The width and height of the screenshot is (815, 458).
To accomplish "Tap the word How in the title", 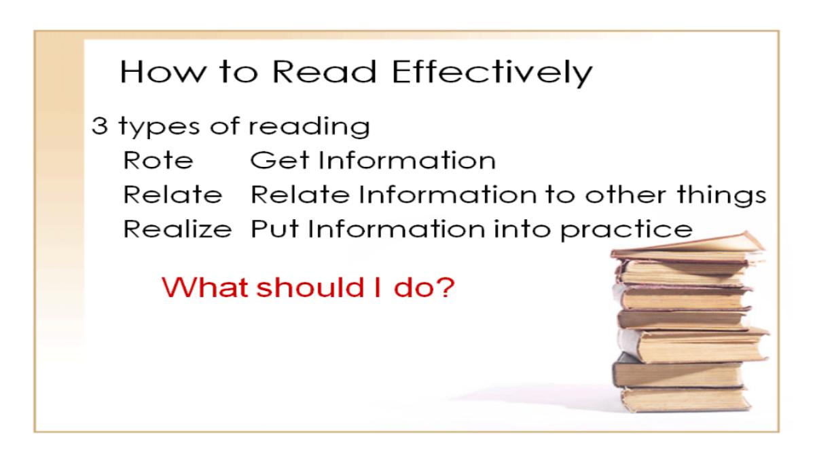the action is point(161,72).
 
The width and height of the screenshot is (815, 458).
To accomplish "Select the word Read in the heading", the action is point(324,72).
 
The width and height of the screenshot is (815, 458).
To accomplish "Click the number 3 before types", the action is point(99,126).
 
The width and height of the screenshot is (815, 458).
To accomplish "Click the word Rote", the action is point(158,160).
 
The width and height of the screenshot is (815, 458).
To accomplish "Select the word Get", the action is point(279,160).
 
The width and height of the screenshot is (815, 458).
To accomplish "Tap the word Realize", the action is point(177,229).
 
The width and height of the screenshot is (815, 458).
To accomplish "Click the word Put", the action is point(274,229).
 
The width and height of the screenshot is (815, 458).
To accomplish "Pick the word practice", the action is point(626,231).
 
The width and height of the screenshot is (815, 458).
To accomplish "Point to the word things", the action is point(721,196).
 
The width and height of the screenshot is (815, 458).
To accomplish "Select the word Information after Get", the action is point(407,160).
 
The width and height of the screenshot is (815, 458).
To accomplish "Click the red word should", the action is point(310,287).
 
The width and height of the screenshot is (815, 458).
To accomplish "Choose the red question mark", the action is point(444,287).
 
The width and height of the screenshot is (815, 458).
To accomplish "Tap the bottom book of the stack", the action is point(685,399).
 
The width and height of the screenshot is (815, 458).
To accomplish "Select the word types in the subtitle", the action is point(160,128).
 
